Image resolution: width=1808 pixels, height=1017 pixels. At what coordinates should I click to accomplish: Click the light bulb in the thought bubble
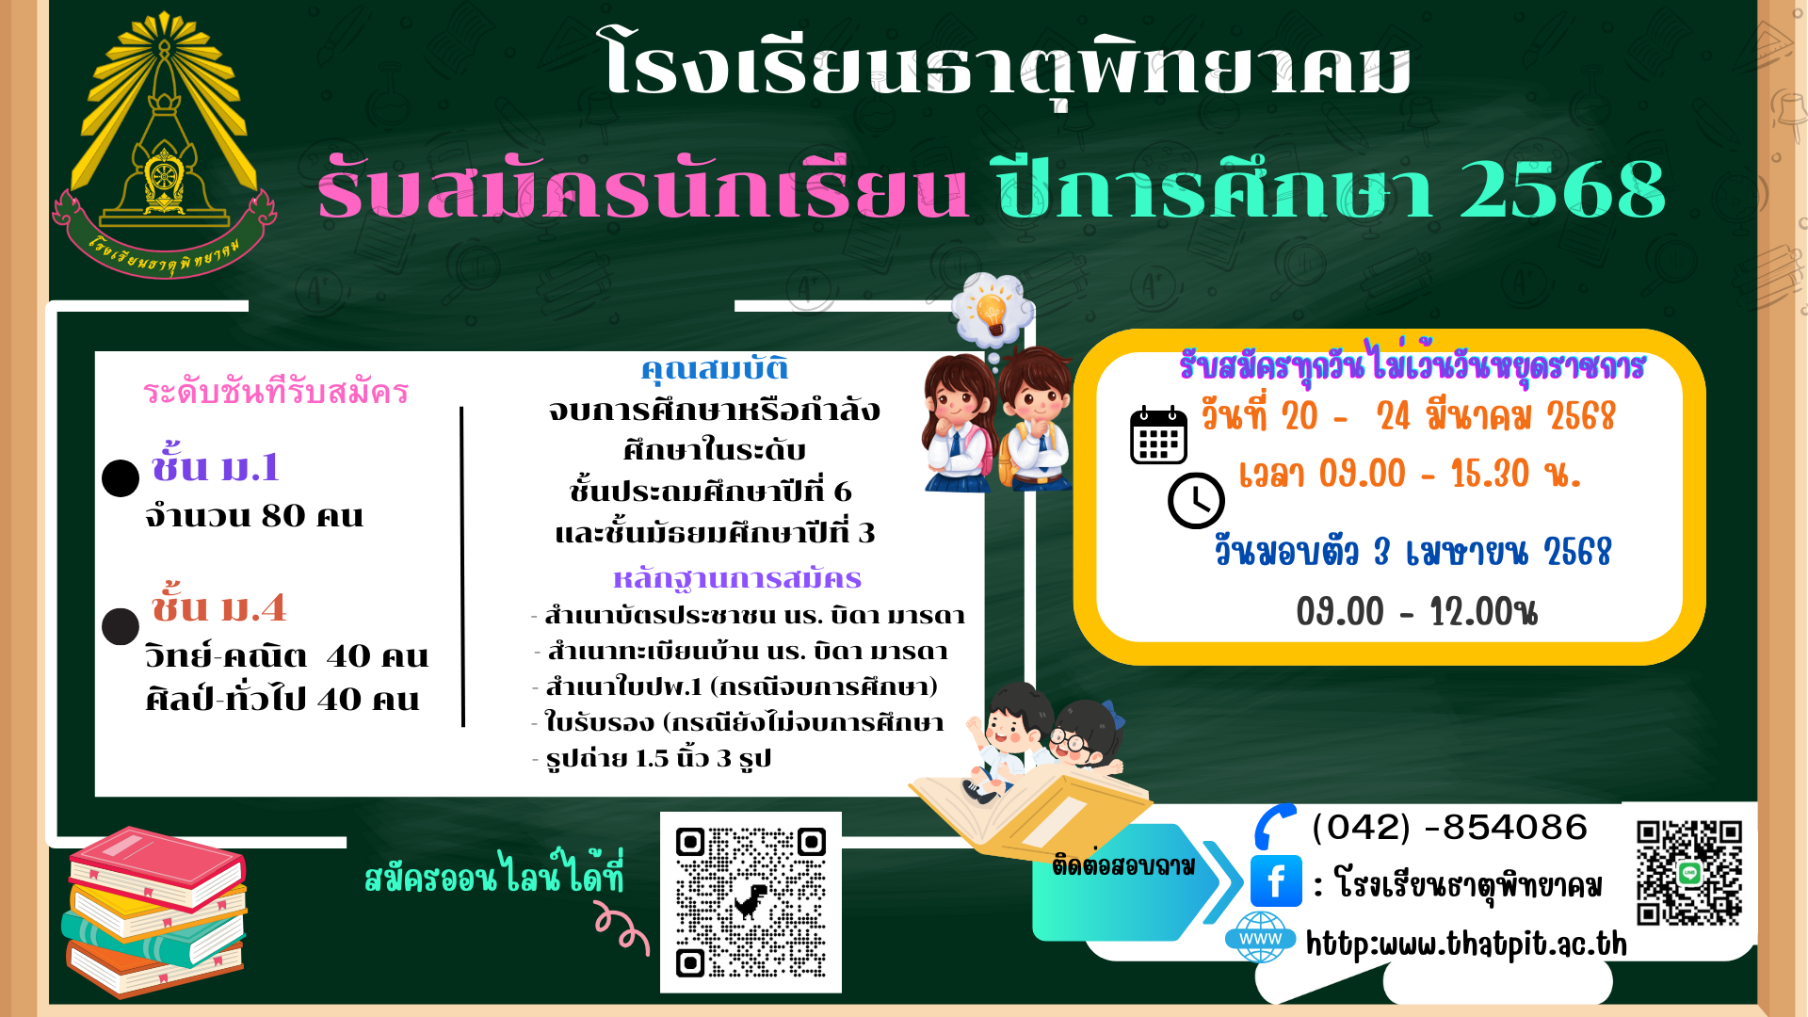pos(992,311)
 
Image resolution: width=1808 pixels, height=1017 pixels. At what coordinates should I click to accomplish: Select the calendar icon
pos(1158,436)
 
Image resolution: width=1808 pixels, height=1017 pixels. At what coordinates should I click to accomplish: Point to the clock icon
pos(1196,500)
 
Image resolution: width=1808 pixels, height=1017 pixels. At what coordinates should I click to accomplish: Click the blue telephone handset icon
pos(1274,826)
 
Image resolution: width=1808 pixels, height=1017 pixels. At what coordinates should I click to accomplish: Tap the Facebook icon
pos(1276,881)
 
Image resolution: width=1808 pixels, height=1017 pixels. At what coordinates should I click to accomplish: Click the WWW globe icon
pos(1260,937)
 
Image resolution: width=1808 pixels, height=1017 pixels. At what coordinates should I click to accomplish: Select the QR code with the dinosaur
pos(751,902)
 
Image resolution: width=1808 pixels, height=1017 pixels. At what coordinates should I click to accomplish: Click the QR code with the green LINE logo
pos(1689,872)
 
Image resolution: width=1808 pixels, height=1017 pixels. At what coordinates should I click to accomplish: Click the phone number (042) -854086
pos(1449,828)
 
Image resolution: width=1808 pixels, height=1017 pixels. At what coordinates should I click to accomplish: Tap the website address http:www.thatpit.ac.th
pos(1466,944)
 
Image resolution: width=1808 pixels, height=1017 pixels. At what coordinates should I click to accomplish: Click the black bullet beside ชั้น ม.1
pos(121,478)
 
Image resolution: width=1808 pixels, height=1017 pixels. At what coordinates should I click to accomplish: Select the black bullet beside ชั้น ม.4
pos(121,626)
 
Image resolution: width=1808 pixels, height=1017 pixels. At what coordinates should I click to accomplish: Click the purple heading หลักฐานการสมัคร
pos(737,578)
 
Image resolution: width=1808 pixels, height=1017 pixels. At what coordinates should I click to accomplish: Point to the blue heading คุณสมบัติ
pos(715,368)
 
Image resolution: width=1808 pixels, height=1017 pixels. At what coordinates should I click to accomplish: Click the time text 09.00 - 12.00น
pos(1416,612)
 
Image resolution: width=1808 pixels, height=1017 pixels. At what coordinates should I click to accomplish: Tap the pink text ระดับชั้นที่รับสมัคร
pos(276,391)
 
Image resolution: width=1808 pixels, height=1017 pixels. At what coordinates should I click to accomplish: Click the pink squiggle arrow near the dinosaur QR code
pos(622,928)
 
